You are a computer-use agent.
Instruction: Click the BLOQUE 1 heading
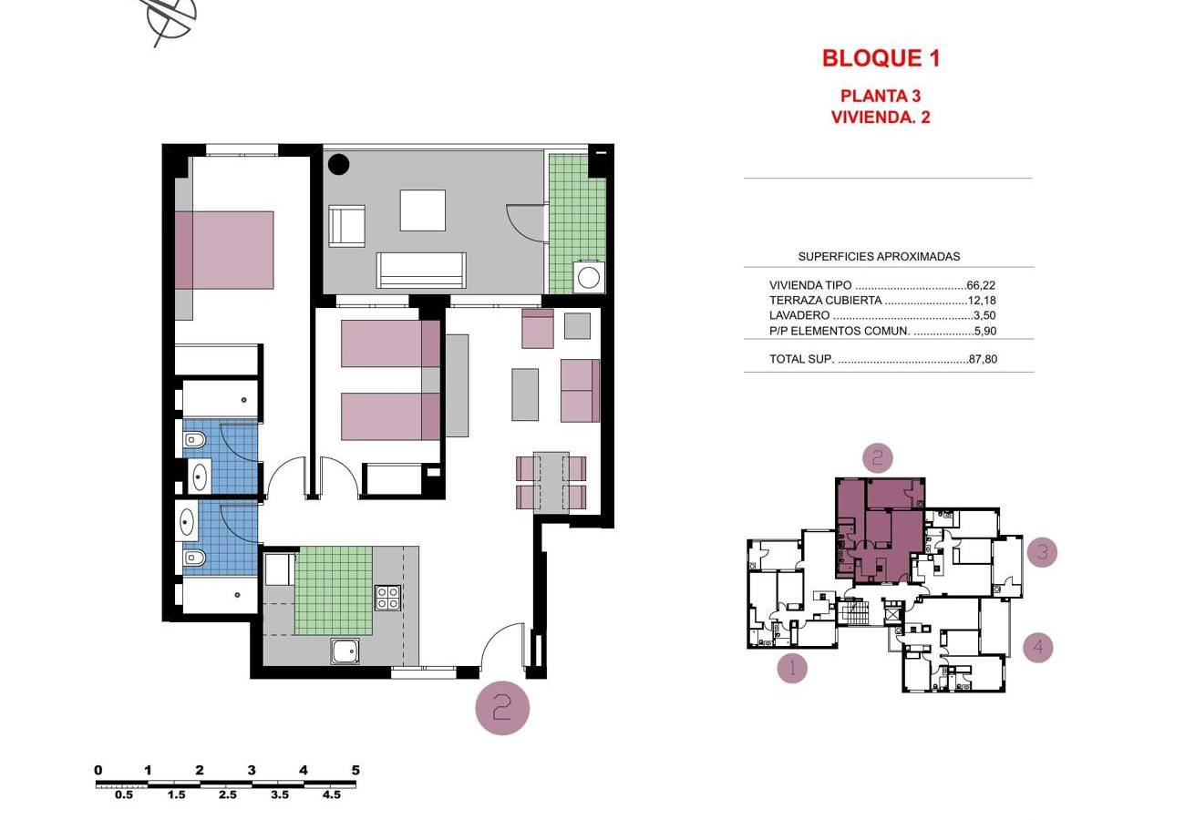[881, 58]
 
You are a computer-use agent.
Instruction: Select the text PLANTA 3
[881, 96]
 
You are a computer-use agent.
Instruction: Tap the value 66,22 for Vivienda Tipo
[981, 285]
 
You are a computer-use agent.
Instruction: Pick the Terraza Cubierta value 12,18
[982, 301]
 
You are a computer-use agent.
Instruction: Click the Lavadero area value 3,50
[984, 315]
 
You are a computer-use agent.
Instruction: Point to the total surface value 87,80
[983, 359]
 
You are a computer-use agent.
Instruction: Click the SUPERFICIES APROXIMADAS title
[879, 256]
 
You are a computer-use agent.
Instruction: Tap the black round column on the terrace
[338, 164]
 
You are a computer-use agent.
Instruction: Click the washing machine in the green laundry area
[588, 276]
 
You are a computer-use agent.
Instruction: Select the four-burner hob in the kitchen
[387, 598]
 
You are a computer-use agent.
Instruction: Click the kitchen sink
[345, 651]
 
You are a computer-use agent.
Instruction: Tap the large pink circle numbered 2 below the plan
[502, 708]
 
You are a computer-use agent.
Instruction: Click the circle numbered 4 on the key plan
[1037, 647]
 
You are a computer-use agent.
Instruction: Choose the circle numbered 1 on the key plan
[792, 668]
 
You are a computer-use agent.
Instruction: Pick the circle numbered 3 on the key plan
[1042, 552]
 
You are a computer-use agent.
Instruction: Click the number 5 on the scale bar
[355, 770]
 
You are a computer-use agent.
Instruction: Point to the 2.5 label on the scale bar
[228, 794]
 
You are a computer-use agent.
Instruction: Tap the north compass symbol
[169, 18]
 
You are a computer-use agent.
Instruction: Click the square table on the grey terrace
[422, 210]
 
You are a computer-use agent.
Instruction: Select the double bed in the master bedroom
[223, 250]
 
